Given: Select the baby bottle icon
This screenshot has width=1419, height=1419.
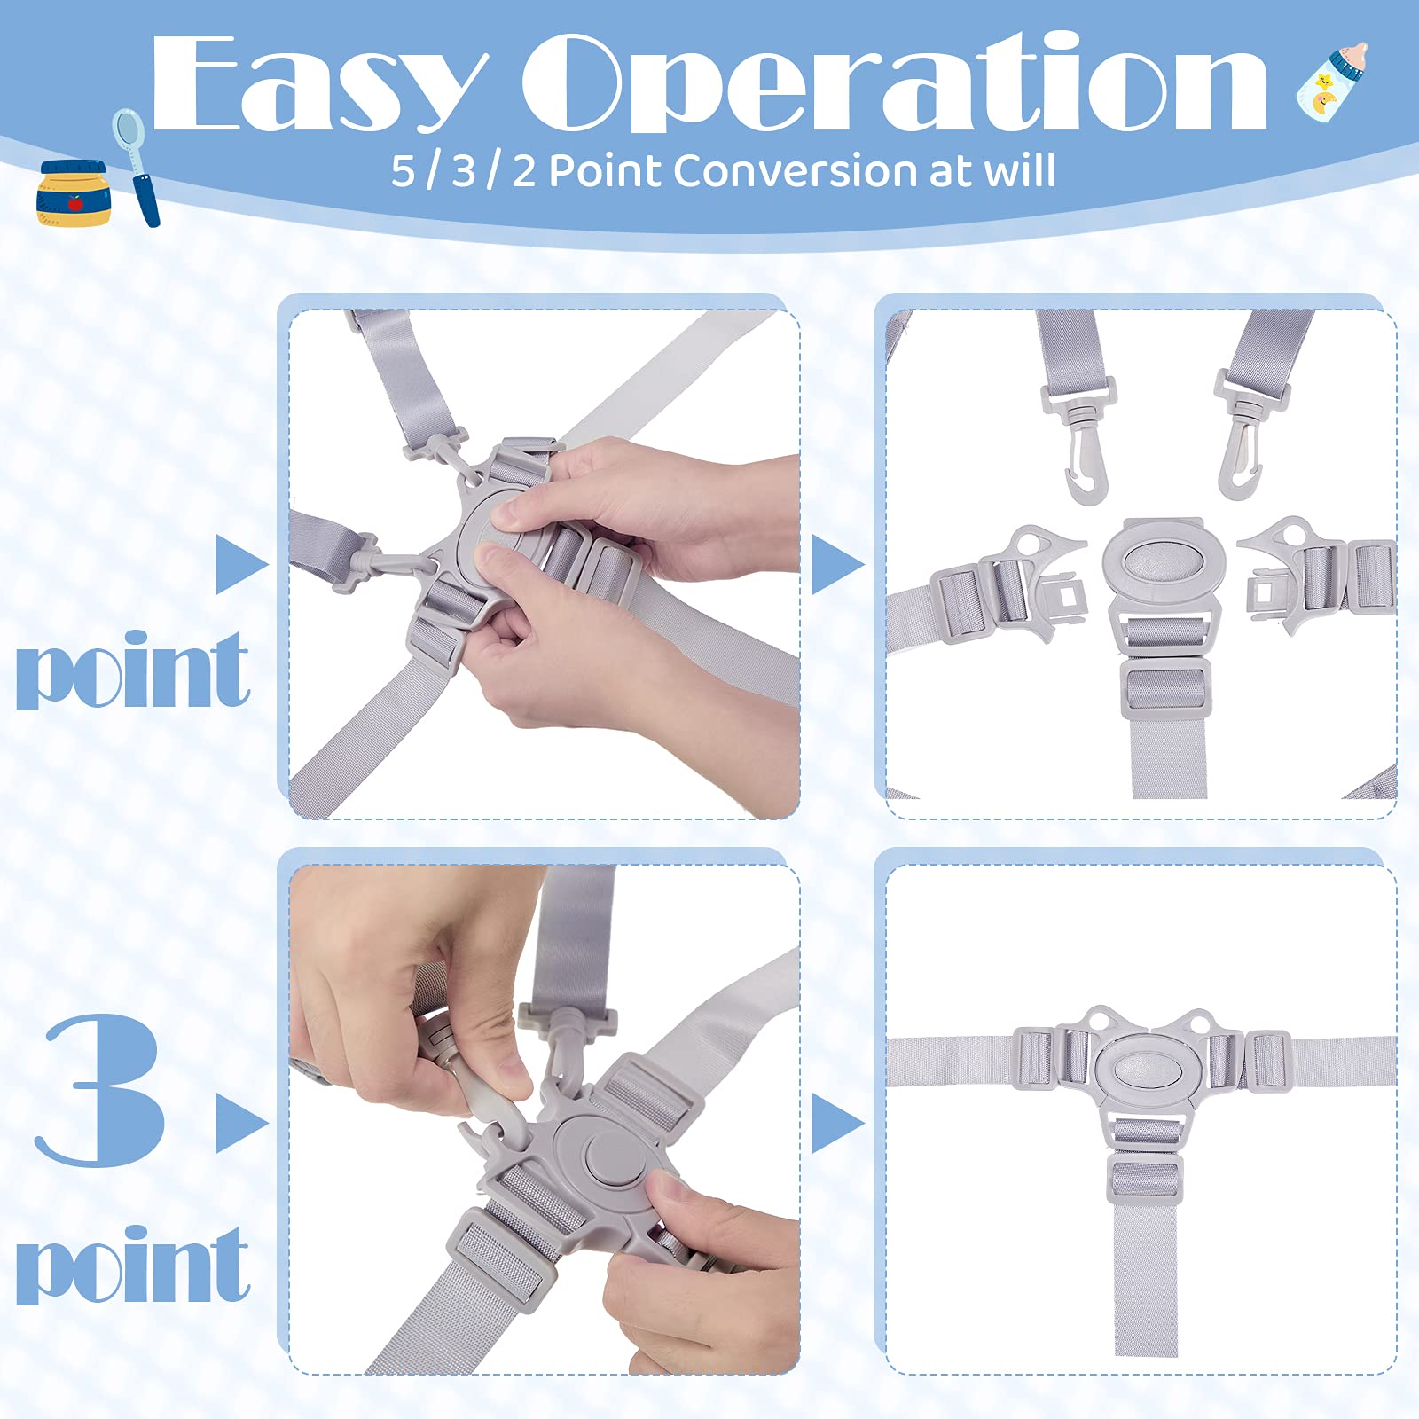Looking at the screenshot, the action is point(1332,80).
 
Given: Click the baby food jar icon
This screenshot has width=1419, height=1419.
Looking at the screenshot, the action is point(73,192).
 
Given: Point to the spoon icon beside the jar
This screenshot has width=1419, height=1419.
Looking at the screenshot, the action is point(137,166).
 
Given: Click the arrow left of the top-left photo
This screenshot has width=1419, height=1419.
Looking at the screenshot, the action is point(242,564).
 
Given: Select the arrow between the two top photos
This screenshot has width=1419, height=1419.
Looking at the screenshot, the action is point(838,564).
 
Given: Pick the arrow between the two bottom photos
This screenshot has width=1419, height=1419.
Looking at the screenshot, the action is point(838,1124).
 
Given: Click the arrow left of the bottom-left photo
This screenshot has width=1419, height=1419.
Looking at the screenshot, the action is point(242,1124).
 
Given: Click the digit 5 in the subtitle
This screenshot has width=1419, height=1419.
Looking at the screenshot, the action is point(404,171).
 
